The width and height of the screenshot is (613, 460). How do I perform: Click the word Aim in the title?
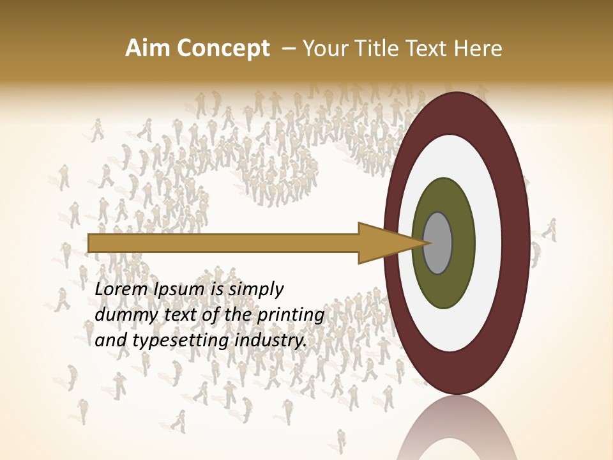point(148,49)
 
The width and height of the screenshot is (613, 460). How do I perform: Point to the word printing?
point(292,316)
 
